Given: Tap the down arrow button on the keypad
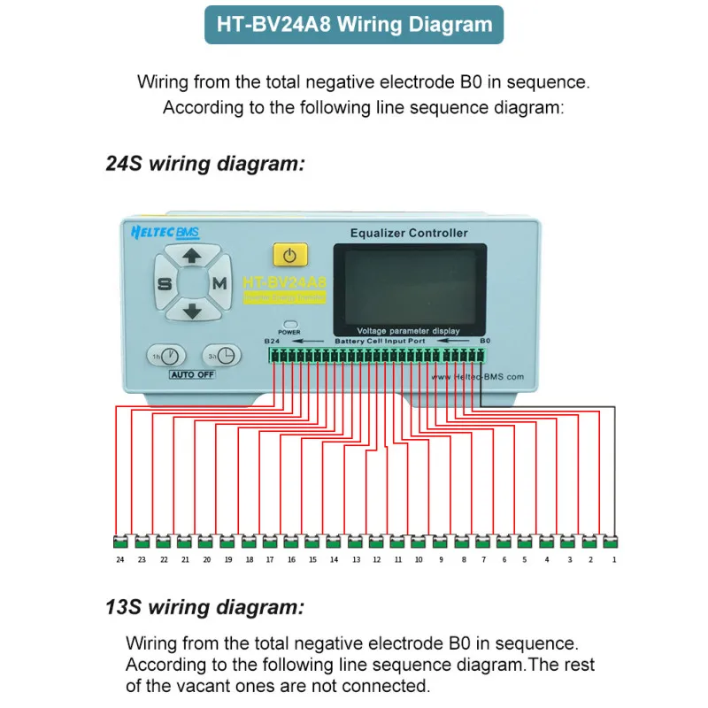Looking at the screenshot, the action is tap(192, 310).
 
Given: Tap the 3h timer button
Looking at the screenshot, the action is tap(222, 355).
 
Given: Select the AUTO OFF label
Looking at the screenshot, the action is tap(193, 374).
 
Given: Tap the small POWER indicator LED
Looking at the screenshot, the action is tap(289, 324).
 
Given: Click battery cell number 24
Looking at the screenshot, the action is tap(119, 542).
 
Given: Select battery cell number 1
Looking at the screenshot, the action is tap(609, 542).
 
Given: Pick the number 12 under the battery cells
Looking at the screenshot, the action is tap(376, 560).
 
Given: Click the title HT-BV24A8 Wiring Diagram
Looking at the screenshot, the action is tap(354, 25).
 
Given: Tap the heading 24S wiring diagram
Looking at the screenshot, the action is tap(205, 163).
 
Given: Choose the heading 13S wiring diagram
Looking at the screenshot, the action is tap(205, 607).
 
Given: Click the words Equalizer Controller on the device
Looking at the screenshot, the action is tap(409, 234).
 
